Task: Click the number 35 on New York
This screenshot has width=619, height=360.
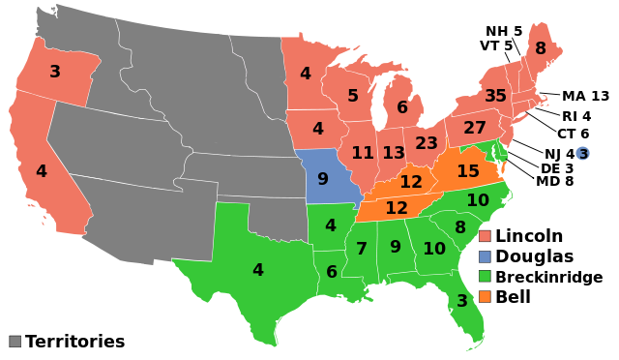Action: coord(495,97)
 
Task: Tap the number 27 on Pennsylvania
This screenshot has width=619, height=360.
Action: coord(475,128)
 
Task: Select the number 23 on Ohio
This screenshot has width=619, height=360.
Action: coord(427,143)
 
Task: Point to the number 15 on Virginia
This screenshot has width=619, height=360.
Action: coord(468,171)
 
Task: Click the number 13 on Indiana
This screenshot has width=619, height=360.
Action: coord(394,153)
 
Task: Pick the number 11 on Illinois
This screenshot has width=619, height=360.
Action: coord(363,153)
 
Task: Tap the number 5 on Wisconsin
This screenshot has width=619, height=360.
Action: coord(353,97)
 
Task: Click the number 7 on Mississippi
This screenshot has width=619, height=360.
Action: coord(362,250)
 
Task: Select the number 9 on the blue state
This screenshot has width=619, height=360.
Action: coord(323,179)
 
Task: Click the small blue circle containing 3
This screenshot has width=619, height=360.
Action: coord(582,154)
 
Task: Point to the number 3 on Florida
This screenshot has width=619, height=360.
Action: coord(462,301)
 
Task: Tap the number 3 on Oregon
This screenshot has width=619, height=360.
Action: coord(55,72)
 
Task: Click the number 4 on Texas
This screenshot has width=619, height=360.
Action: coord(258,270)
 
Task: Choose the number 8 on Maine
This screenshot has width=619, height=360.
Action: coord(541,48)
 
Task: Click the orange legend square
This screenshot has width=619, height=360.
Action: coord(485,296)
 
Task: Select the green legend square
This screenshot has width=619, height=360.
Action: coord(485,276)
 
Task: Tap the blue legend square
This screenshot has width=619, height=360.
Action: coord(485,256)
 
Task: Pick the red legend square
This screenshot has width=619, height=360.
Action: coord(485,236)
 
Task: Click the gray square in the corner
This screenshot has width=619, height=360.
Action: coord(15,341)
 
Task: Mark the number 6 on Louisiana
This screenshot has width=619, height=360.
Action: coord(332,273)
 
